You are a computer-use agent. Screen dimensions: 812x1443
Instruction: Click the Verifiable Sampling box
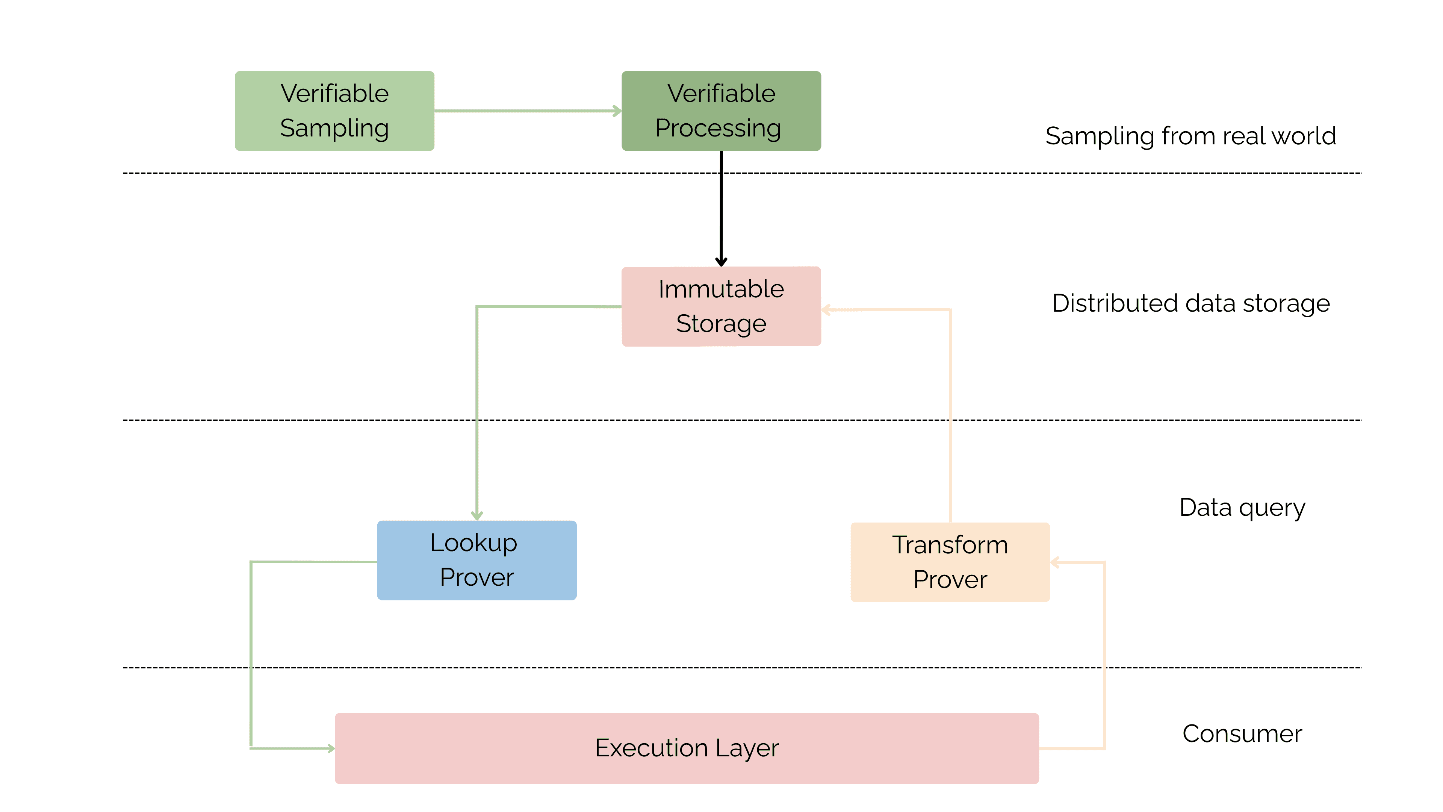click(x=334, y=111)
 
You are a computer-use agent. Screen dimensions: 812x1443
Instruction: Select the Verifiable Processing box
click(x=721, y=111)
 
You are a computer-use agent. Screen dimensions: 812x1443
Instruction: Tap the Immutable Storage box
click(x=721, y=306)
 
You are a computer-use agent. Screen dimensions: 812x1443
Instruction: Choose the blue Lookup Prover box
click(x=477, y=561)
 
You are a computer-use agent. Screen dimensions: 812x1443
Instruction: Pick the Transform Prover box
click(x=950, y=562)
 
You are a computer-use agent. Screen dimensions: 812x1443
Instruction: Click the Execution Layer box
click(x=687, y=748)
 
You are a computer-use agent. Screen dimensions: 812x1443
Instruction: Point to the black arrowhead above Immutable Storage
click(x=721, y=261)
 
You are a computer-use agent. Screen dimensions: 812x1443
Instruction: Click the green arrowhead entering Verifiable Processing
click(x=617, y=111)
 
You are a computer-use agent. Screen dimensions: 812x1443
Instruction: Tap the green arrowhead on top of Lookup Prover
click(x=477, y=515)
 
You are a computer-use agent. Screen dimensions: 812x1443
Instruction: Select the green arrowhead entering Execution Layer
click(x=331, y=748)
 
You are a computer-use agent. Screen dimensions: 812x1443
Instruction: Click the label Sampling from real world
click(x=1190, y=136)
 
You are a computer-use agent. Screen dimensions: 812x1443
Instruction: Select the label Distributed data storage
click(x=1191, y=303)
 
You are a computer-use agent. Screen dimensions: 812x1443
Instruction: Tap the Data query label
click(x=1242, y=508)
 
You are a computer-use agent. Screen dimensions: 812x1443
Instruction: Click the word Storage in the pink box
click(x=721, y=324)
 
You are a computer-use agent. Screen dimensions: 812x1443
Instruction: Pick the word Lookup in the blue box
click(x=474, y=543)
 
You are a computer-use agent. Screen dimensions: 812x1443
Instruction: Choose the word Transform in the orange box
click(x=950, y=545)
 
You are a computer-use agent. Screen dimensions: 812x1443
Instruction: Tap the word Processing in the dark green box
click(x=718, y=128)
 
